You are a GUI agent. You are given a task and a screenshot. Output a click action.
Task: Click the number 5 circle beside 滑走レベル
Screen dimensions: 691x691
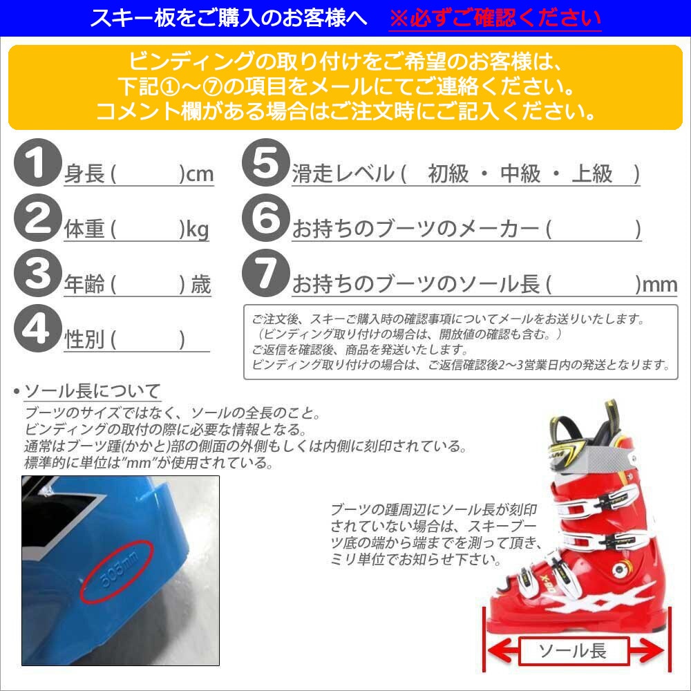click(263, 165)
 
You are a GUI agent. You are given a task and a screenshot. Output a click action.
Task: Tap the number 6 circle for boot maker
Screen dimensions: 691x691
click(263, 220)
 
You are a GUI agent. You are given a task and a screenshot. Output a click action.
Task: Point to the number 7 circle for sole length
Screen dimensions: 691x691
click(263, 276)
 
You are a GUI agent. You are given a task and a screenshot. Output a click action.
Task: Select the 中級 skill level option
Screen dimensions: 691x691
click(520, 174)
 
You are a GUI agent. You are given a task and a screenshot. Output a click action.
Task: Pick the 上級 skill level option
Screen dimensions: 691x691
click(592, 174)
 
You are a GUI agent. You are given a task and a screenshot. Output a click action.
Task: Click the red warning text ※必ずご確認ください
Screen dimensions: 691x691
click(495, 18)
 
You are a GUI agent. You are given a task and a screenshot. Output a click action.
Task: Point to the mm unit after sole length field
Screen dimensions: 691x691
click(660, 284)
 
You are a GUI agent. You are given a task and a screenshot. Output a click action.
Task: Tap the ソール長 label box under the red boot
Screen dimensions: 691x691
click(572, 650)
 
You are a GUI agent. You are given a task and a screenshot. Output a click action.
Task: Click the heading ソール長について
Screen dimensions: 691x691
click(92, 391)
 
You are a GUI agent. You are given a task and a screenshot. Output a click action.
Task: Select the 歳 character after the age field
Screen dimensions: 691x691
click(200, 285)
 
